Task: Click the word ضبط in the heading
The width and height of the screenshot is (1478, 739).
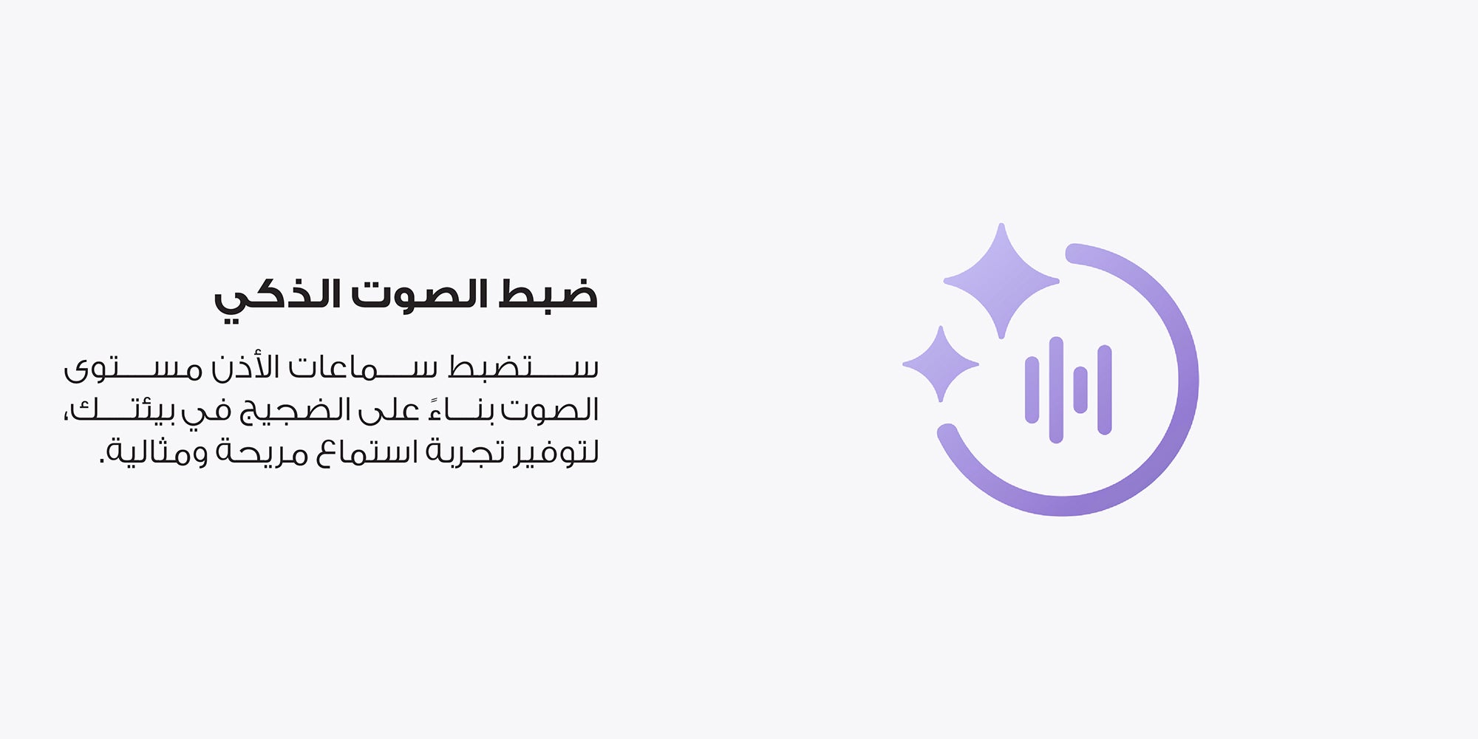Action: click(548, 294)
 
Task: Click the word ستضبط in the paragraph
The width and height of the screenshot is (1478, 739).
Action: click(522, 367)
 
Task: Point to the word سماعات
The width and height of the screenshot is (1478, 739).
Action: click(363, 367)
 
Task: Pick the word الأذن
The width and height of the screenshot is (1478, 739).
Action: click(245, 367)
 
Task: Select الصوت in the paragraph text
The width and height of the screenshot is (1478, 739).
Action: click(550, 409)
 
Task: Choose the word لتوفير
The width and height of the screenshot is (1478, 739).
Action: click(556, 452)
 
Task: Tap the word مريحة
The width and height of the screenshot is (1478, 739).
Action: click(262, 452)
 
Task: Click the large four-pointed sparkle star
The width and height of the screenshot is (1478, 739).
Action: click(1001, 281)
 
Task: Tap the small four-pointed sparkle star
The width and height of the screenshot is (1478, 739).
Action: click(941, 364)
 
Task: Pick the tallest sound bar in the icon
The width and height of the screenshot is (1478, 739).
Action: click(1056, 390)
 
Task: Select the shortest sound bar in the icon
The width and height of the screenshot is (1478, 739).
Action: click(1080, 389)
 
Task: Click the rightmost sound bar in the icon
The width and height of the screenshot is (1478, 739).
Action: click(1105, 389)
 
